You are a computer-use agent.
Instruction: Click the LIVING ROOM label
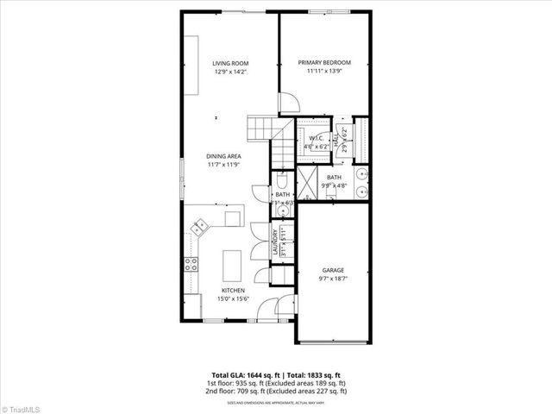(x=230, y=63)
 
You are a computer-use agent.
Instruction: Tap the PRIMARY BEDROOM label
(x=324, y=62)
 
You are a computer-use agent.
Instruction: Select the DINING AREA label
(x=223, y=155)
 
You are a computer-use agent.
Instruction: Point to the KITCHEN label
(x=233, y=291)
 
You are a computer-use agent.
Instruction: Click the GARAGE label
(x=333, y=269)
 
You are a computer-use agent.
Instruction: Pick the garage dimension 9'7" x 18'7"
(x=333, y=278)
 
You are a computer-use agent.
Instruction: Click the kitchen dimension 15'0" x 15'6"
(x=233, y=299)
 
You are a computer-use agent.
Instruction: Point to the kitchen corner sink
(x=201, y=227)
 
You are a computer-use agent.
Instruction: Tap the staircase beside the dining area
(x=260, y=129)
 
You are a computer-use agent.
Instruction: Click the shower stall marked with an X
(x=307, y=184)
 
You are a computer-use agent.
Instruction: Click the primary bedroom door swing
(x=290, y=102)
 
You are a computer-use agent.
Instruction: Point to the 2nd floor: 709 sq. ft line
(x=276, y=392)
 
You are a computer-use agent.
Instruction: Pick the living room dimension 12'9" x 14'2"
(x=230, y=72)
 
